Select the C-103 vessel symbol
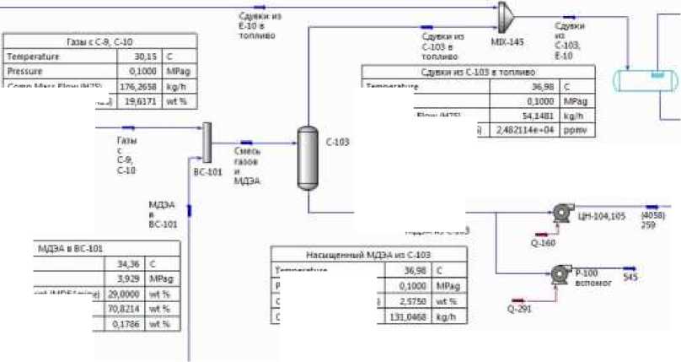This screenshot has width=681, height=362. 308,158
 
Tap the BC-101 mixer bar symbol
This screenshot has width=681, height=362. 206,142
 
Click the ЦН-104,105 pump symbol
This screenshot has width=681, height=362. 560,213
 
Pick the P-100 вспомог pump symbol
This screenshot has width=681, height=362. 558,273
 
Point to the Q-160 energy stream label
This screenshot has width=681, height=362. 543,244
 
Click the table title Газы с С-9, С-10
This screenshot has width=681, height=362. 99,41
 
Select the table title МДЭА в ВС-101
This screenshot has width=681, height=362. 71,248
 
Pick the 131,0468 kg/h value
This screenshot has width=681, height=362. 409,316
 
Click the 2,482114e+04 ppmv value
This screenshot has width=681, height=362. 525,131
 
